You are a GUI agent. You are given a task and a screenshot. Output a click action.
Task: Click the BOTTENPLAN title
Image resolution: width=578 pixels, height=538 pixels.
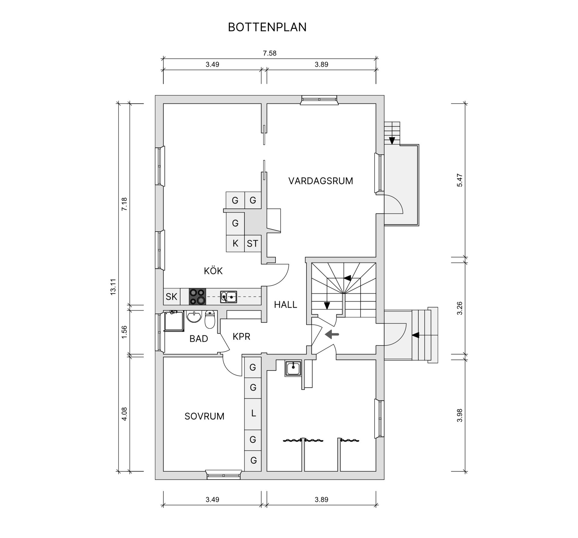click(267, 27)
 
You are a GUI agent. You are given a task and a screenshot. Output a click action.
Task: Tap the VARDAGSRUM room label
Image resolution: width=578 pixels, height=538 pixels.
click(321, 181)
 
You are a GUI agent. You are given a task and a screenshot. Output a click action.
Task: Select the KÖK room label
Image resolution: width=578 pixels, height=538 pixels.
click(213, 271)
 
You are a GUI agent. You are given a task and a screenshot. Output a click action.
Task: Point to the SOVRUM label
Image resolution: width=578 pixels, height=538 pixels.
click(204, 416)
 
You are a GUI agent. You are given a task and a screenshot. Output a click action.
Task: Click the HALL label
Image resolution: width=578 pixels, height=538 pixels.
click(285, 305)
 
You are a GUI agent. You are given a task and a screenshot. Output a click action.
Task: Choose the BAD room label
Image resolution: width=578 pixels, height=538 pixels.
click(199, 339)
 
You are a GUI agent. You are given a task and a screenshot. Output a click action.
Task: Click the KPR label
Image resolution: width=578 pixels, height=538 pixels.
click(241, 337)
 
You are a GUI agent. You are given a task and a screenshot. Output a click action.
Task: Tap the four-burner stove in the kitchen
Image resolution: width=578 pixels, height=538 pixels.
click(197, 297)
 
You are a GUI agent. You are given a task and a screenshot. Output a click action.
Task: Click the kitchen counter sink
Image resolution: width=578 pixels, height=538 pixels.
click(228, 297)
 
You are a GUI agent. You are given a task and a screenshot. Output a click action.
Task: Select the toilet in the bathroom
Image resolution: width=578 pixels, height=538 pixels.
click(210, 320)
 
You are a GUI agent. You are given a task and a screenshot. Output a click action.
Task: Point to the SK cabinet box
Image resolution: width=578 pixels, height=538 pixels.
click(172, 297)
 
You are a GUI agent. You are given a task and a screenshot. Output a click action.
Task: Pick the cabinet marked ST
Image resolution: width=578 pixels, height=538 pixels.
click(253, 243)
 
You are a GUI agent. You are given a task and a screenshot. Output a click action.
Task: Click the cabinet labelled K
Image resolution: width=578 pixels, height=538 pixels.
click(235, 243)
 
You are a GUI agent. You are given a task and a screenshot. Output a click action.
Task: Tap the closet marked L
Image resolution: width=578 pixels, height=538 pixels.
click(253, 414)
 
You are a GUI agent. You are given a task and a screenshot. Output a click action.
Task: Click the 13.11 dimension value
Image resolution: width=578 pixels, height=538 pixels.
click(113, 287)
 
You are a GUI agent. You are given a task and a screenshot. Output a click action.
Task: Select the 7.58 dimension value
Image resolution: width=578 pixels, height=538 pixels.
click(269, 53)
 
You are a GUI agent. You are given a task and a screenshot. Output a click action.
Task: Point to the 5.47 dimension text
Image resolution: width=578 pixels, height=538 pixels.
click(460, 180)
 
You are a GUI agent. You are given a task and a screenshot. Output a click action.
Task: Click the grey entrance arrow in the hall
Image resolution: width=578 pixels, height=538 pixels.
click(332, 334)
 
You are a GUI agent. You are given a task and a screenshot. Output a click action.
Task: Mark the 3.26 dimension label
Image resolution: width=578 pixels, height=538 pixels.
click(460, 308)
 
